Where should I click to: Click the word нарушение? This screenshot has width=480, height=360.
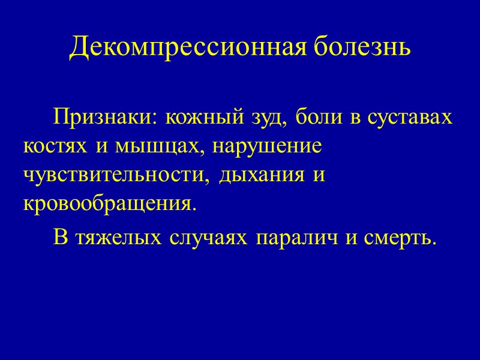[x=268, y=146]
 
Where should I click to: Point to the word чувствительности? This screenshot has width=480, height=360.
[x=116, y=176]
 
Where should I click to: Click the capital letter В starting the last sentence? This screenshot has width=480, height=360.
[x=60, y=238]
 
